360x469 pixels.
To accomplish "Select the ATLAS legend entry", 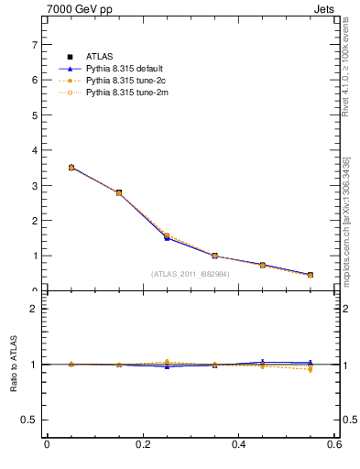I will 98,57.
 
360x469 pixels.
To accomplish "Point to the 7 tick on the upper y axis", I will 36,44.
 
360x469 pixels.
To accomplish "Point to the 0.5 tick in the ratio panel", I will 31,420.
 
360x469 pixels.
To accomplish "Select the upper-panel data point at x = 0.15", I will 119,192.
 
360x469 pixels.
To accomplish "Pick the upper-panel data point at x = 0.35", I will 215,256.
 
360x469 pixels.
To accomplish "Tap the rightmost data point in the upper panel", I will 311,275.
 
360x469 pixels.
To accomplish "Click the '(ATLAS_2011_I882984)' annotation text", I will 191,273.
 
